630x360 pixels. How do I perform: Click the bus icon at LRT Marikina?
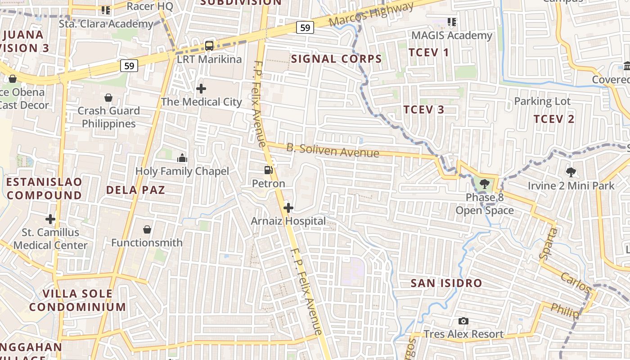click(209, 45)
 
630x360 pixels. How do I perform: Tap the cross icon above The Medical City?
click(201, 88)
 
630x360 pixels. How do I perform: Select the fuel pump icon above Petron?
click(269, 170)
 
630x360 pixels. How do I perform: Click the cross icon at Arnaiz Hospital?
click(288, 208)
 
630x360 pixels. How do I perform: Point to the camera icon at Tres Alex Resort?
click(463, 321)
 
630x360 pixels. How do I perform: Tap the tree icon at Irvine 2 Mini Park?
click(571, 172)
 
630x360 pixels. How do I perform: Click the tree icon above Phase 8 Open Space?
click(484, 184)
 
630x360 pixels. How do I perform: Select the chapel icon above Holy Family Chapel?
click(182, 158)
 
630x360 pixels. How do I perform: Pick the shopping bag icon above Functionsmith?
click(147, 229)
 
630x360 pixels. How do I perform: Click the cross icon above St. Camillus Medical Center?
click(50, 219)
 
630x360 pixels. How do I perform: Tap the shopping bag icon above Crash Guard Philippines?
click(108, 97)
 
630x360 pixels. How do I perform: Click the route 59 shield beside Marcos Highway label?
click(305, 28)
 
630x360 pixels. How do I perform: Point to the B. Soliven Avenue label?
click(333, 150)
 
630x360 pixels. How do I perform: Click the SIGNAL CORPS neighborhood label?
click(336, 58)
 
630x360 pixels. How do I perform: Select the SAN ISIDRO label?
click(446, 283)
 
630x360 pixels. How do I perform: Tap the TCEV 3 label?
click(423, 109)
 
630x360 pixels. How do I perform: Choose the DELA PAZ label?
click(135, 190)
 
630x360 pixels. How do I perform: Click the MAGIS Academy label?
click(452, 35)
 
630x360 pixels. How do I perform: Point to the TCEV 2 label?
click(554, 119)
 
